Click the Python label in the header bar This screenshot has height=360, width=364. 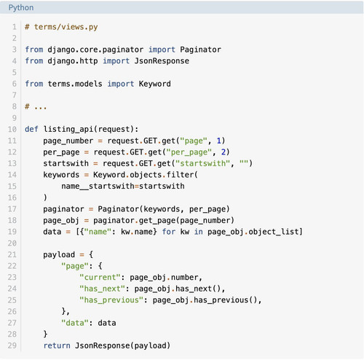(x=21, y=8)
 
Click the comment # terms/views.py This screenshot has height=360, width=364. (x=61, y=27)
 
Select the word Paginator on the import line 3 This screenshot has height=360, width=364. (x=200, y=50)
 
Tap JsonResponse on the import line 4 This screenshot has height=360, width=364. (x=162, y=60)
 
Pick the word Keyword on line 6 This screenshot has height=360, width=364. (x=155, y=84)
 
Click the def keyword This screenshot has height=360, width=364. (x=31, y=129)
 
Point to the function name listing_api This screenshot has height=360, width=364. (x=68, y=129)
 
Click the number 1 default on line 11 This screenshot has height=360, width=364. (x=219, y=141)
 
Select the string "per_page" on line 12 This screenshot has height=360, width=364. (x=189, y=152)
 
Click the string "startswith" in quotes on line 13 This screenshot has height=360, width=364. (x=202, y=163)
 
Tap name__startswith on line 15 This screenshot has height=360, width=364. (x=98, y=187)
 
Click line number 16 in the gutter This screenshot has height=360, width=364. (x=12, y=197)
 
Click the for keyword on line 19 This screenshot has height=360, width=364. (x=169, y=232)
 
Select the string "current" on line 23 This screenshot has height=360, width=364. (x=100, y=277)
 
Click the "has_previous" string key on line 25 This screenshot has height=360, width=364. (x=111, y=300)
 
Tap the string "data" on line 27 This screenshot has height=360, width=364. (x=75, y=323)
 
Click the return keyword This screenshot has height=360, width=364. (x=57, y=345)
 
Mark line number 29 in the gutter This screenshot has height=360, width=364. (x=12, y=345)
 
